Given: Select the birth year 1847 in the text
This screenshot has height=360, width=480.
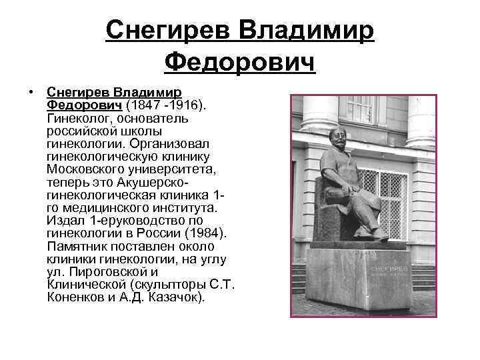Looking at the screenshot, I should (145, 106).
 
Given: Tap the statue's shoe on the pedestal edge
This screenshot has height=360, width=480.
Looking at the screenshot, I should (381, 234).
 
